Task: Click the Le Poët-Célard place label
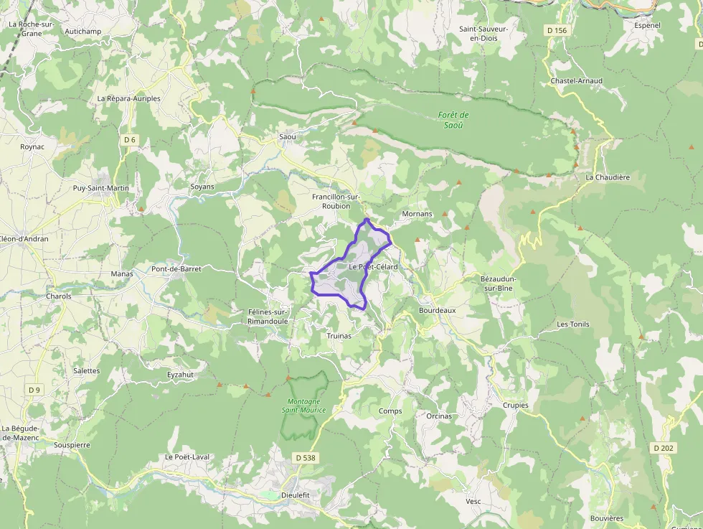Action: coord(372,267)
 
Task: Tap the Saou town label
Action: coord(287,136)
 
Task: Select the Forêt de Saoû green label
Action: coord(453,120)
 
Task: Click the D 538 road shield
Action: coord(305,457)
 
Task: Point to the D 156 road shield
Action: coord(556,30)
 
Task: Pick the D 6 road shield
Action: coord(129,139)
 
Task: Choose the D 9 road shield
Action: coord(34,390)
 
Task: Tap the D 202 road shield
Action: coord(664,447)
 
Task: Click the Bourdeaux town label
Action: coord(437,311)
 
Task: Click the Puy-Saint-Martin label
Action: coord(101,188)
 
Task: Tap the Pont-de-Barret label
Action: coord(176,269)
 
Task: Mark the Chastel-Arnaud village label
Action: coord(576,81)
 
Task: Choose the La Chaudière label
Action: coord(607,177)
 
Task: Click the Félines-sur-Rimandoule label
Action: coord(268,317)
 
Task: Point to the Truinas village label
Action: coord(339,336)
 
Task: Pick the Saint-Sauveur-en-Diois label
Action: coord(483,33)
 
